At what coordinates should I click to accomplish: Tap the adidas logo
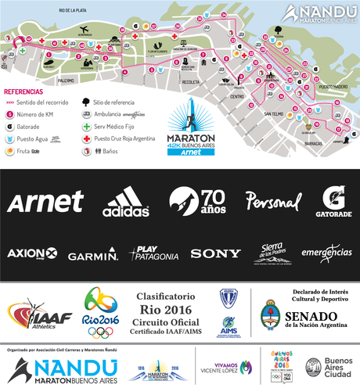pyautogui.click(x=126, y=202)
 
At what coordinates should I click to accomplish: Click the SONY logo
pyautogui.click(x=215, y=253)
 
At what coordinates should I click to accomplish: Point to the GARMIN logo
pyautogui.click(x=92, y=254)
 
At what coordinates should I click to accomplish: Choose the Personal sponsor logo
pyautogui.click(x=272, y=201)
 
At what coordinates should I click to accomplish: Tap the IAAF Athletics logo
pyautogui.click(x=39, y=314)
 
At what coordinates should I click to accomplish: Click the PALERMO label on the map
pyautogui.click(x=65, y=81)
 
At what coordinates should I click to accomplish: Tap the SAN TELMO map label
pyautogui.click(x=273, y=113)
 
